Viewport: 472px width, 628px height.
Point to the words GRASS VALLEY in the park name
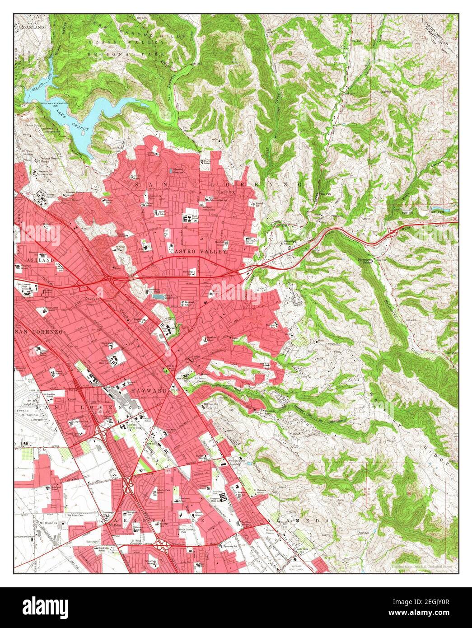(117, 42)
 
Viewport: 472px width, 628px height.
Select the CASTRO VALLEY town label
(198, 251)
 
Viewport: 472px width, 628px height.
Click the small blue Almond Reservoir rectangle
(170, 170)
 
